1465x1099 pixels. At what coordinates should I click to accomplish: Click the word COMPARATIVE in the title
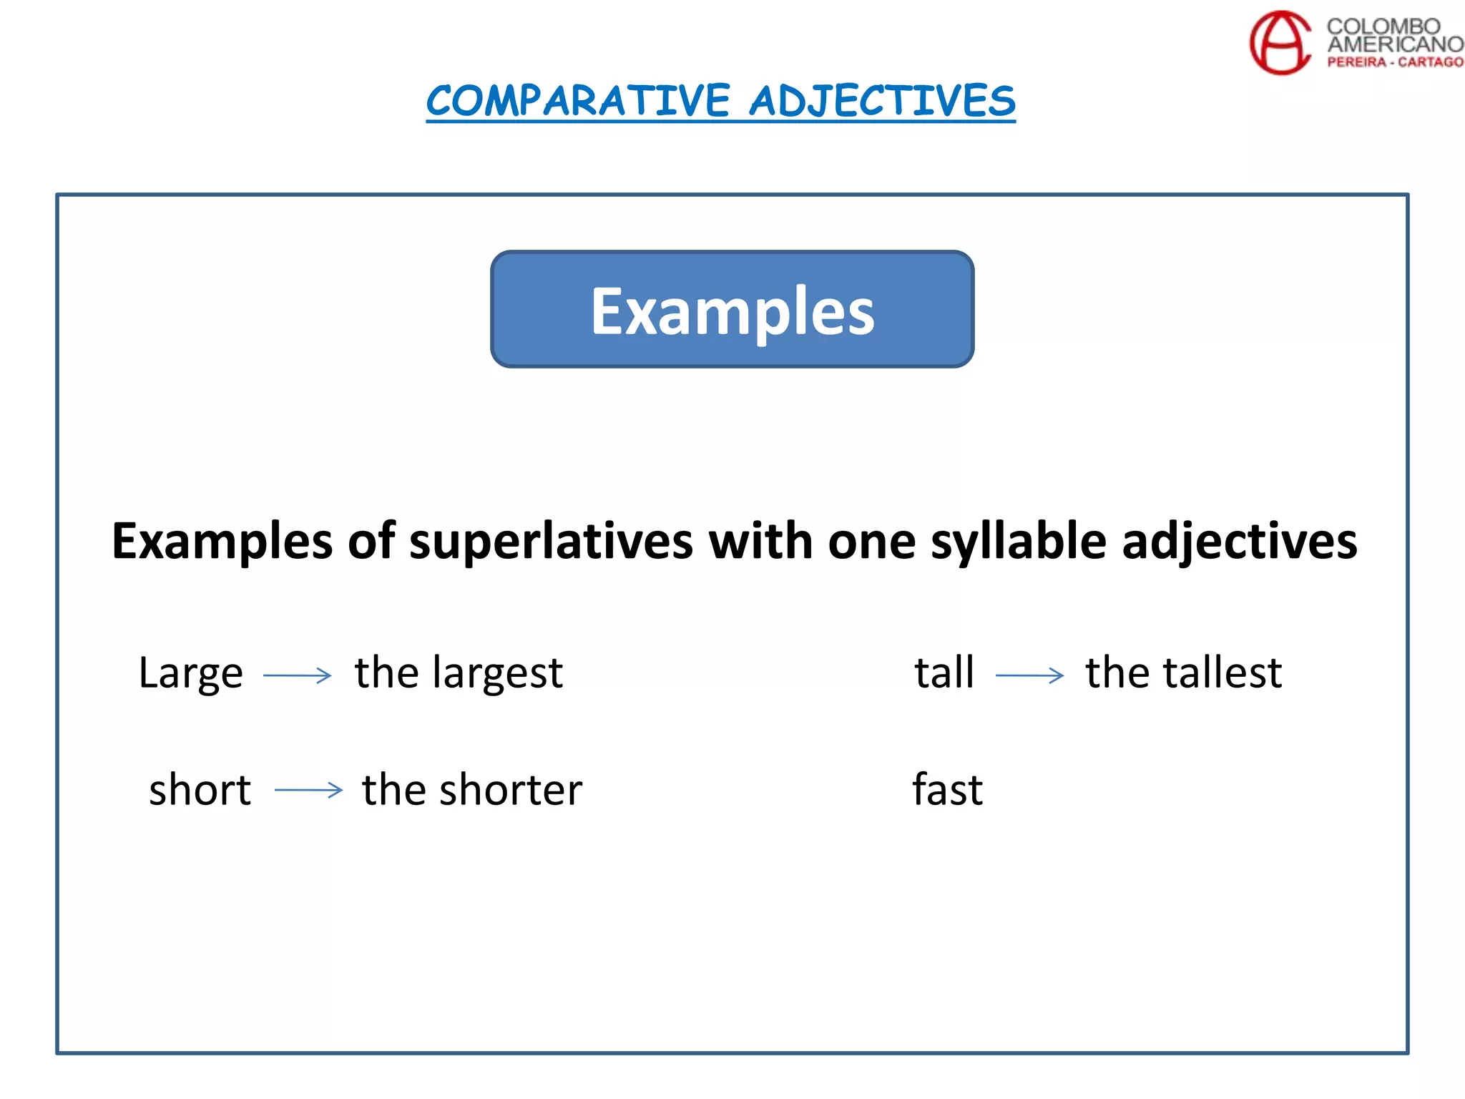coord(578,101)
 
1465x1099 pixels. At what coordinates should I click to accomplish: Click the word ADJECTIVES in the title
coord(882,101)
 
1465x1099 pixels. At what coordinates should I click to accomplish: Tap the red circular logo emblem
coord(1280,42)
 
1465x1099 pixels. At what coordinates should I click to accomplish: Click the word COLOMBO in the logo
coord(1383,26)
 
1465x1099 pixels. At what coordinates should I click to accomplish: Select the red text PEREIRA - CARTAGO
coord(1395,62)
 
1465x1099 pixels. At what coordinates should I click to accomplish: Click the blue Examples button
coord(732,309)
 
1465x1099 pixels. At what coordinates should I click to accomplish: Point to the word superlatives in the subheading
coord(551,541)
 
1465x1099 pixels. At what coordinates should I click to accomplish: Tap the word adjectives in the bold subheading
coord(1239,541)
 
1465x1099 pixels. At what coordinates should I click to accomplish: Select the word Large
coord(191,673)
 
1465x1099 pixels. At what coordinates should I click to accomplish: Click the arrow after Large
coord(298,675)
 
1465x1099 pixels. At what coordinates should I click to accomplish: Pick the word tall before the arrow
coord(944,673)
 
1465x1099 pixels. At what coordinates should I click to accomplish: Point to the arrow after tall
coord(1029,675)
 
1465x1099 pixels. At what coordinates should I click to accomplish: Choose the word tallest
coord(1223,673)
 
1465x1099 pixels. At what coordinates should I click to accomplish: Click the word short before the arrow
coord(200,790)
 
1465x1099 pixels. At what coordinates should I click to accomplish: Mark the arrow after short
coord(308,790)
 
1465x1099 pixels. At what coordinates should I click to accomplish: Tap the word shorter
coord(511,790)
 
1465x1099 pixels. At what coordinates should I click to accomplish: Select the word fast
coord(948,789)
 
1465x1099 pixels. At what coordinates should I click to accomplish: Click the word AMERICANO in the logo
coord(1395,44)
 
